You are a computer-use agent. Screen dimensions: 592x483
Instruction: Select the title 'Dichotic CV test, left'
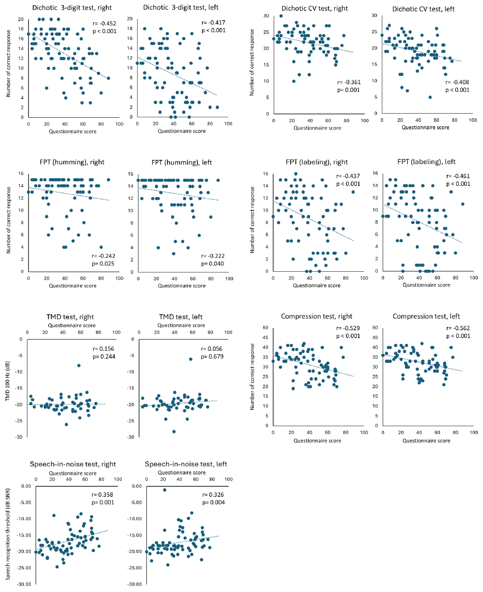(x=423, y=9)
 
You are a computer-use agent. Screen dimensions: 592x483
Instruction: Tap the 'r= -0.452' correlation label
(x=104, y=24)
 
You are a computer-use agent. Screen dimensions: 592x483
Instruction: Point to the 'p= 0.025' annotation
(x=103, y=264)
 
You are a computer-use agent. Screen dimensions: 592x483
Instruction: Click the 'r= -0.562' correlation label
(x=458, y=328)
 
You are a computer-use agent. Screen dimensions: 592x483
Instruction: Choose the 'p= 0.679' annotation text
(x=212, y=357)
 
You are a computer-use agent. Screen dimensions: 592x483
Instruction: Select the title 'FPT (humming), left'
(x=182, y=162)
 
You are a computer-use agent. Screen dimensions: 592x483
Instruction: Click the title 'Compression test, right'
(x=316, y=316)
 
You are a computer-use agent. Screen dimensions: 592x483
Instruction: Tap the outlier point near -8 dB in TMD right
(x=79, y=365)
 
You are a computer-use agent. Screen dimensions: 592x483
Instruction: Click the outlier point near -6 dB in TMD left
(x=191, y=359)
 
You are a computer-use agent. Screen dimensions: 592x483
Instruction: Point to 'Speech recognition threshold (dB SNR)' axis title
(x=8, y=534)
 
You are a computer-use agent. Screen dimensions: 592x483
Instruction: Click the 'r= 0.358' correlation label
(x=102, y=495)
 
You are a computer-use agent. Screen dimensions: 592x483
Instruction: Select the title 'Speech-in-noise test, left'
(x=186, y=464)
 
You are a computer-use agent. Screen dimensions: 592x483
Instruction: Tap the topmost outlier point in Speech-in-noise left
(x=164, y=490)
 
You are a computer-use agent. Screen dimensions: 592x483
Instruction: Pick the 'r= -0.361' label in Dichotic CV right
(x=349, y=82)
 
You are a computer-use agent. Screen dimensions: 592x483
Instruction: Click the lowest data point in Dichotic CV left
(x=430, y=97)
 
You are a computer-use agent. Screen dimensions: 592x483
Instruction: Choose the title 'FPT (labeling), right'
(x=316, y=162)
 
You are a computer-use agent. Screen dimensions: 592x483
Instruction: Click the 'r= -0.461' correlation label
(x=458, y=176)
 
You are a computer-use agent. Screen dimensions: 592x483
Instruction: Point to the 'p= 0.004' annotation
(x=213, y=502)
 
